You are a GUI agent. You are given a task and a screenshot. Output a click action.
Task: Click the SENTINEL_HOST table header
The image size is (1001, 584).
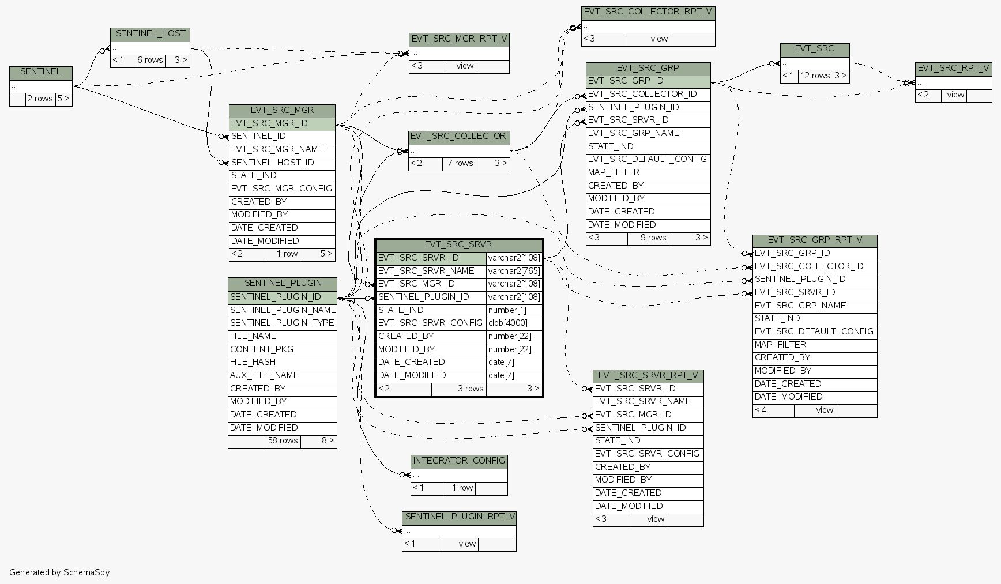click(150, 34)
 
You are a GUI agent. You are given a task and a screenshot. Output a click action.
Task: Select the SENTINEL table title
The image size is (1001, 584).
click(40, 72)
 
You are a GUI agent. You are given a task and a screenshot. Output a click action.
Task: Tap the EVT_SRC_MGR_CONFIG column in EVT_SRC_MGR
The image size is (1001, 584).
click(281, 189)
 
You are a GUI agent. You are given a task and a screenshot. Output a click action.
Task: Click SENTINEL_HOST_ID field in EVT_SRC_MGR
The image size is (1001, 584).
click(273, 163)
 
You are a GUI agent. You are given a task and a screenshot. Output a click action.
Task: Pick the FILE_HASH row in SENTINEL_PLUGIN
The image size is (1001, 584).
click(253, 362)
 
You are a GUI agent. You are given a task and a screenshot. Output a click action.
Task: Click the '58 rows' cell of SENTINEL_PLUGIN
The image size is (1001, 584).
click(283, 441)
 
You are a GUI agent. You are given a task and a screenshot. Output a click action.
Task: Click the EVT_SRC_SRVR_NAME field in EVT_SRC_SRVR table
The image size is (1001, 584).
click(426, 271)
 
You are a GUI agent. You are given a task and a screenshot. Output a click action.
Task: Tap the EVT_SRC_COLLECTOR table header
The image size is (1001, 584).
click(459, 137)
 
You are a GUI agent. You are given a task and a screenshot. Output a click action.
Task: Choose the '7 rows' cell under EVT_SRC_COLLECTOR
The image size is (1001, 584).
click(460, 164)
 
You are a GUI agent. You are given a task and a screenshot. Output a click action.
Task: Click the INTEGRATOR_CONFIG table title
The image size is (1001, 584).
click(459, 461)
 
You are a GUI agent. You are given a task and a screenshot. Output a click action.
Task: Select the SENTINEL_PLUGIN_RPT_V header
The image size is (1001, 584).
click(459, 517)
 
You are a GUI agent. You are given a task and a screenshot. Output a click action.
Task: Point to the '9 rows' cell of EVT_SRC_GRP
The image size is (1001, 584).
click(648, 238)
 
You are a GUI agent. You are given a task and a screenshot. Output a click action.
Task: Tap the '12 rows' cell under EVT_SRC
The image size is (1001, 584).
click(815, 76)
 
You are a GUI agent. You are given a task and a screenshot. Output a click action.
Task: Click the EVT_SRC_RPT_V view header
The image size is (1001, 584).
click(953, 68)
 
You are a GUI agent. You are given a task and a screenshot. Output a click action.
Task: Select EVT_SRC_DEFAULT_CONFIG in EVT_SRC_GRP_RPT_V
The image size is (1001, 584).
click(814, 331)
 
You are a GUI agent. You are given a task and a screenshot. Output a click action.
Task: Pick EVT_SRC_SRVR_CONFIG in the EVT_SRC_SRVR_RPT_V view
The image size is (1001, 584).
click(647, 454)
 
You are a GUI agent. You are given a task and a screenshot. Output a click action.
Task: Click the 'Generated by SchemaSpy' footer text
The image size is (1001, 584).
click(59, 572)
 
